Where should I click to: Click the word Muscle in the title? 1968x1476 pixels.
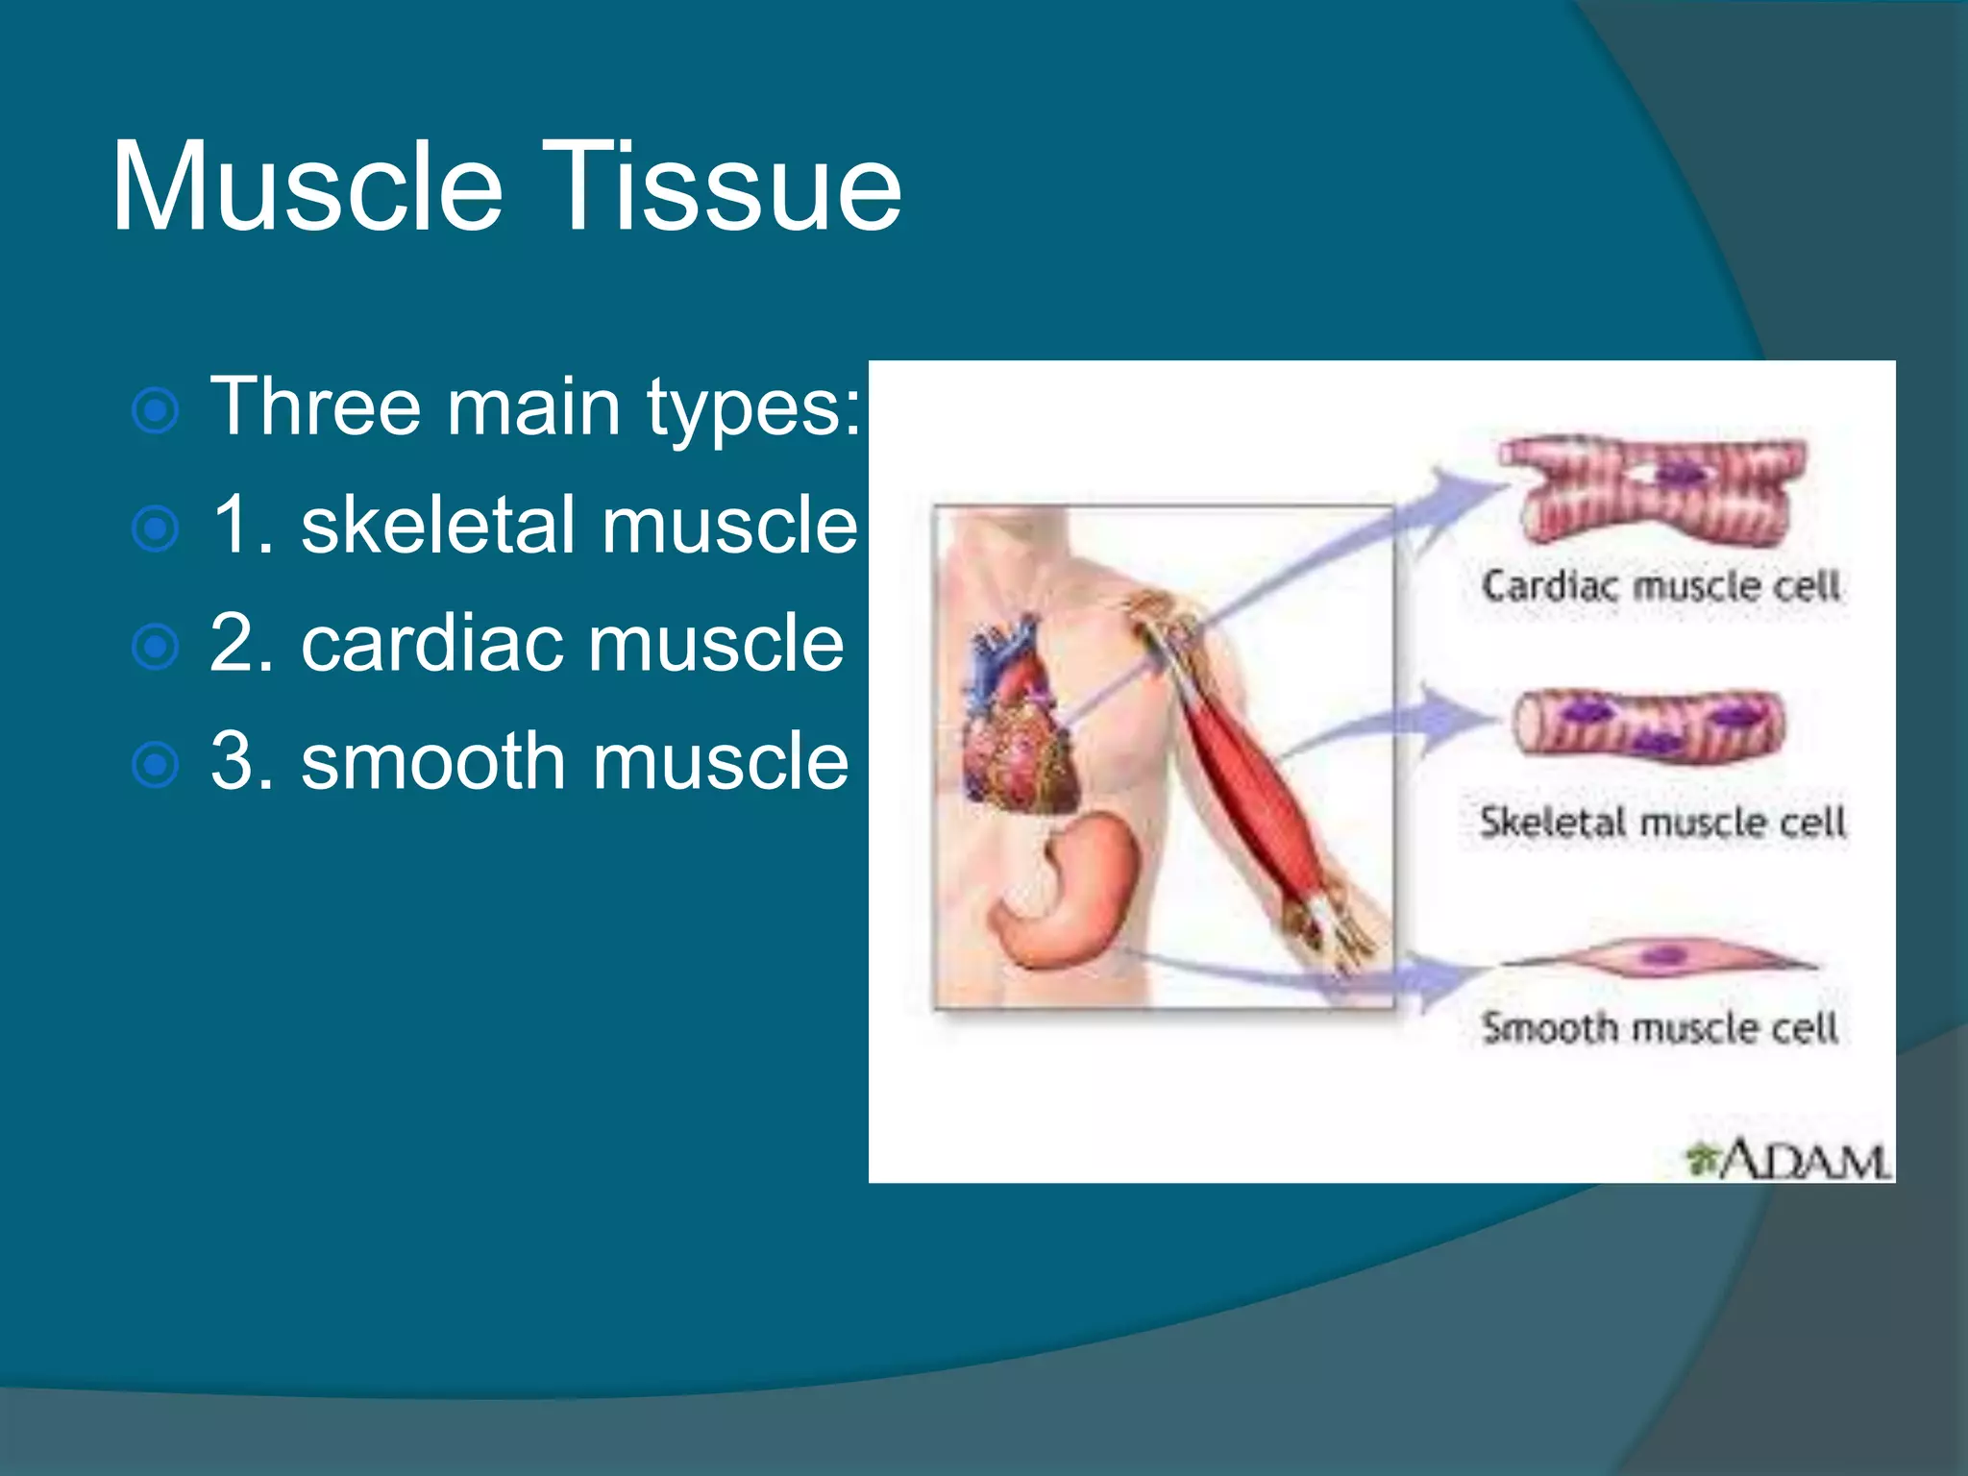(x=307, y=187)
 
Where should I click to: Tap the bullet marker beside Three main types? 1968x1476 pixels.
(x=155, y=411)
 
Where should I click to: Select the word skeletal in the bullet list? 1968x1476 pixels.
(x=436, y=526)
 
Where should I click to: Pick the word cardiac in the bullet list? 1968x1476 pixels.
(x=429, y=644)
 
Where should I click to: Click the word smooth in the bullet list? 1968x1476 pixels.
(x=432, y=762)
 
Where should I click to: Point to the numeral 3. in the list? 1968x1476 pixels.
(x=240, y=762)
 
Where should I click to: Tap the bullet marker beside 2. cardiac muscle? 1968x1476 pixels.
(x=155, y=647)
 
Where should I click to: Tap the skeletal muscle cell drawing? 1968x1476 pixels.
(x=1648, y=726)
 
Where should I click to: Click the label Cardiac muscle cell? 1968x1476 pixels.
(x=1660, y=586)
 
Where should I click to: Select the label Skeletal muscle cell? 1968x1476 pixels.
(x=1662, y=823)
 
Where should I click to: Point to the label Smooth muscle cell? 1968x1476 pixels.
(x=1660, y=1028)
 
